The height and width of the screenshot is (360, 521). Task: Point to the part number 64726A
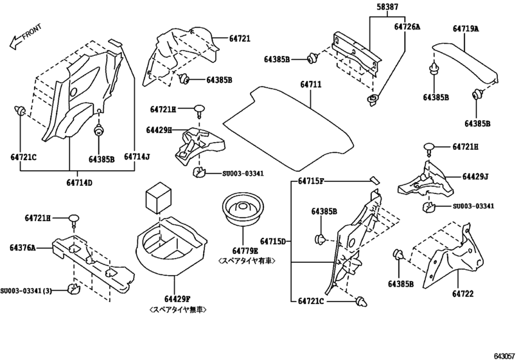coord(407,26)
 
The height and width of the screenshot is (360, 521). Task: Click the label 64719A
coord(465,29)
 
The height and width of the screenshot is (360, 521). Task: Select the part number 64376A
coord(22,247)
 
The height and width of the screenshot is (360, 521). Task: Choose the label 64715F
coord(311,183)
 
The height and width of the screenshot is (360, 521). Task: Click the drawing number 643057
coord(506,354)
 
